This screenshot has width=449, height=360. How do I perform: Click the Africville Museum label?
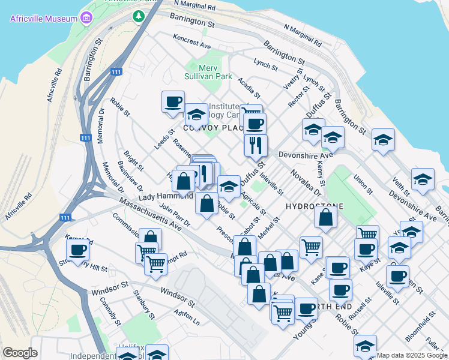tap(43, 18)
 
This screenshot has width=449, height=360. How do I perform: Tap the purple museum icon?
tap(87, 18)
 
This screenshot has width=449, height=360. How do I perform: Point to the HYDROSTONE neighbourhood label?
tap(315, 206)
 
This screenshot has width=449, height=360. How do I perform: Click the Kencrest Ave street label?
tap(192, 41)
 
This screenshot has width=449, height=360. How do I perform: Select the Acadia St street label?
tap(249, 88)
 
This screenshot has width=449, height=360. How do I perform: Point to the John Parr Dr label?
tap(175, 214)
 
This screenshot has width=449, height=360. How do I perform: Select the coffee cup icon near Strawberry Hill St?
tap(77, 249)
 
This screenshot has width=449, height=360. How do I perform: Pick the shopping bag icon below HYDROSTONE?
tap(325, 219)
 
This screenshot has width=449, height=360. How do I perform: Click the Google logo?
tap(20, 353)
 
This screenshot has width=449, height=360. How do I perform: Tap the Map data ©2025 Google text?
tap(412, 355)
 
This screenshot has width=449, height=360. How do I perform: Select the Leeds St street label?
tap(164, 140)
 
